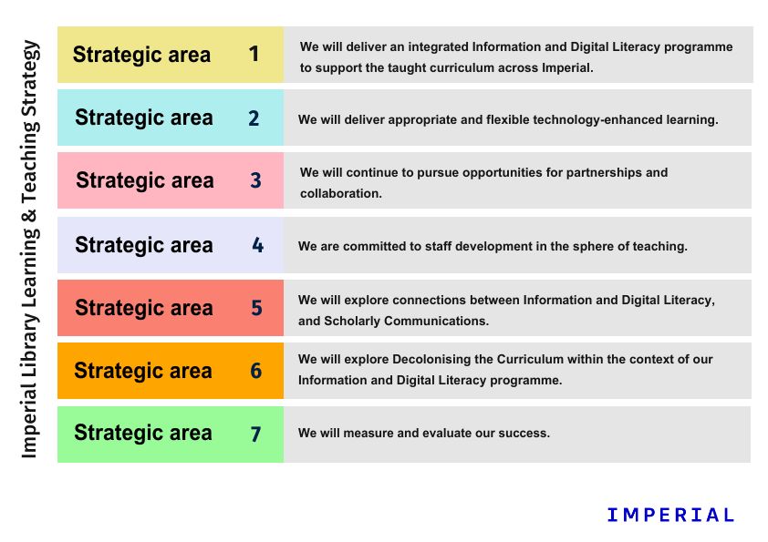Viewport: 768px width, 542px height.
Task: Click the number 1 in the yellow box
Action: click(254, 54)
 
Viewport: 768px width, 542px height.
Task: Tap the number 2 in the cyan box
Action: click(254, 118)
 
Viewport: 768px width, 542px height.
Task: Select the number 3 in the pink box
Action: click(255, 180)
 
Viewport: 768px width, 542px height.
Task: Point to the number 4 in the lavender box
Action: click(257, 245)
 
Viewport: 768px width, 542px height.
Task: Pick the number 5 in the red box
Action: click(256, 308)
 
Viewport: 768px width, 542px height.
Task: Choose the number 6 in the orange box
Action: click(256, 371)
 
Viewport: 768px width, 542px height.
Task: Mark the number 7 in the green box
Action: click(255, 434)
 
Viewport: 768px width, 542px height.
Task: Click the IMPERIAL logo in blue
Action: click(670, 515)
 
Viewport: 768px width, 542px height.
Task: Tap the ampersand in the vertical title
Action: click(29, 216)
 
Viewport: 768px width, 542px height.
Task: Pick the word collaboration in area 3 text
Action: click(340, 193)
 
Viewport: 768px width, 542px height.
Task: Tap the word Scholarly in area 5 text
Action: click(352, 321)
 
